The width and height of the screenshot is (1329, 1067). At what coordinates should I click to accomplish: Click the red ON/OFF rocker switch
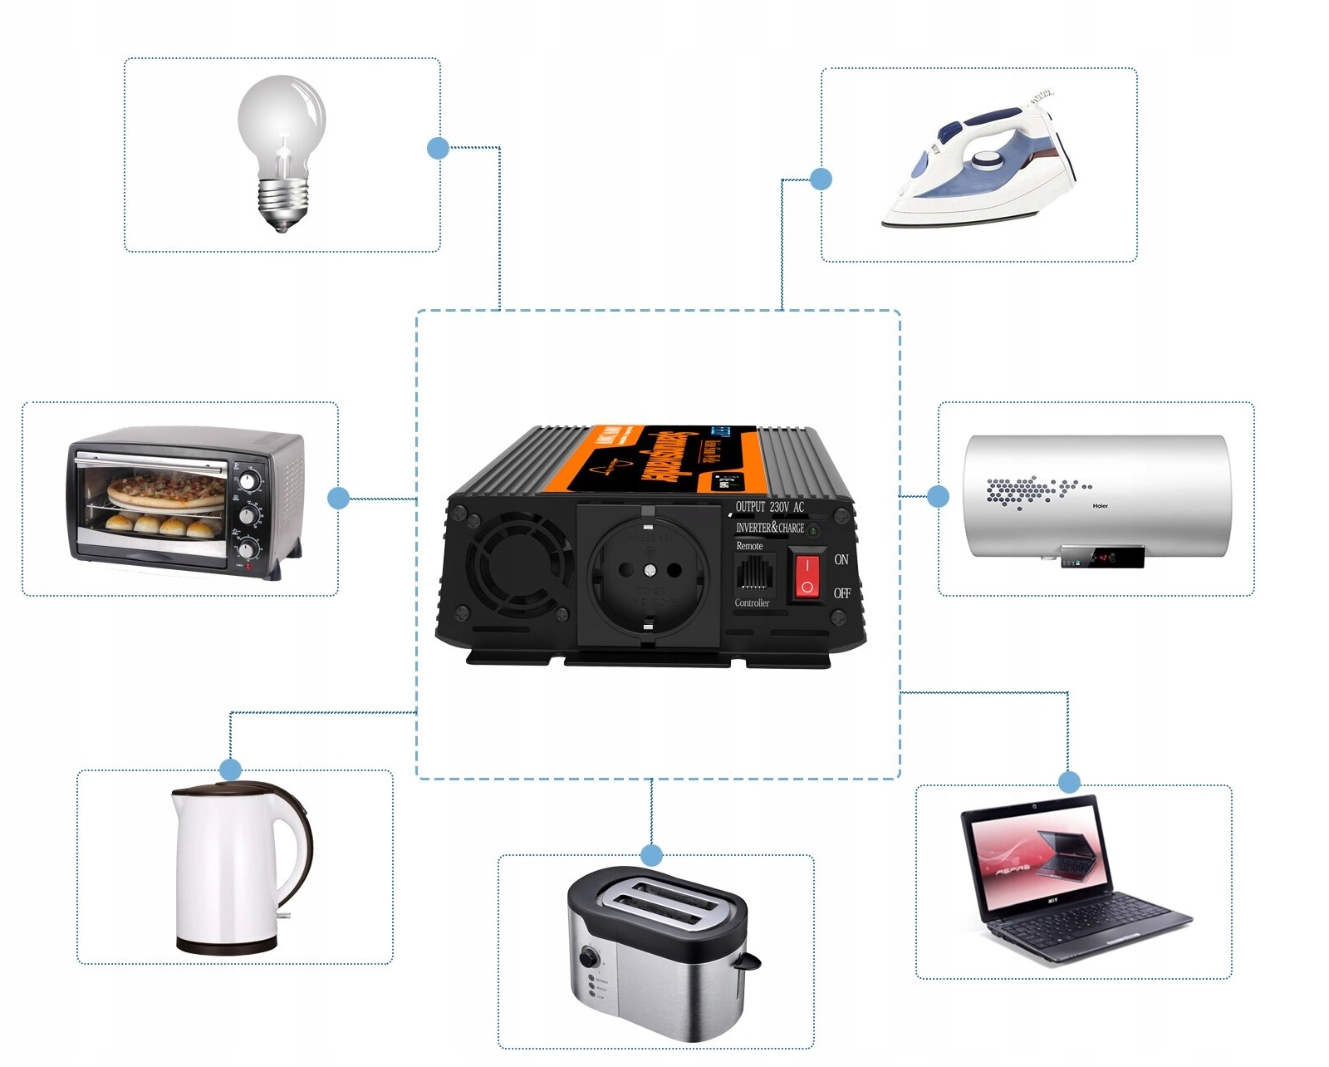pos(807,575)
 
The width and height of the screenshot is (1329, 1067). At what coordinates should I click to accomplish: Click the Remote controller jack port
pos(753,573)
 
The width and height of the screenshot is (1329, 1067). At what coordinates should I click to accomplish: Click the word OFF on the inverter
pos(842,593)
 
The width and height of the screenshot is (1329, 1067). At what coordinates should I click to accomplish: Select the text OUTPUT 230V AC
pos(770,507)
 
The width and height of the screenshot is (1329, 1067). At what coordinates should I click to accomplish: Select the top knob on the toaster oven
pos(248,480)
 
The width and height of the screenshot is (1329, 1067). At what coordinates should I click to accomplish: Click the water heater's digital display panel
pos(1102,557)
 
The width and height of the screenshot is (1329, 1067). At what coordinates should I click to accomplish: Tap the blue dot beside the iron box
pos(821,179)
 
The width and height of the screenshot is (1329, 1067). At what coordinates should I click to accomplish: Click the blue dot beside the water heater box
pos(938,496)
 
